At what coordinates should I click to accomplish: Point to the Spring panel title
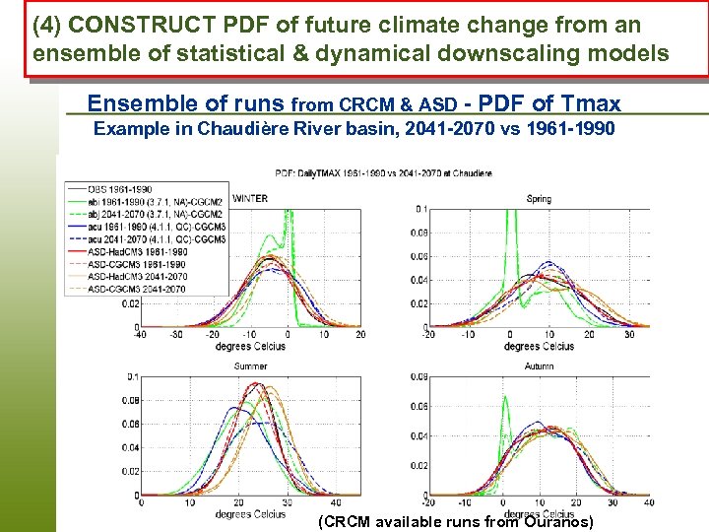pyautogui.click(x=539, y=199)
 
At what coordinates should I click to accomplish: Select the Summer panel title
pyautogui.click(x=250, y=366)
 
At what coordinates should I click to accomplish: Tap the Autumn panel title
pyautogui.click(x=539, y=366)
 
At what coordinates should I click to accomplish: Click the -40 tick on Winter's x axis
pyautogui.click(x=141, y=336)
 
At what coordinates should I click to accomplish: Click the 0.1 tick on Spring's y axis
pyautogui.click(x=419, y=209)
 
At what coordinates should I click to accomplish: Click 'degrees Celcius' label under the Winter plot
pyautogui.click(x=250, y=346)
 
